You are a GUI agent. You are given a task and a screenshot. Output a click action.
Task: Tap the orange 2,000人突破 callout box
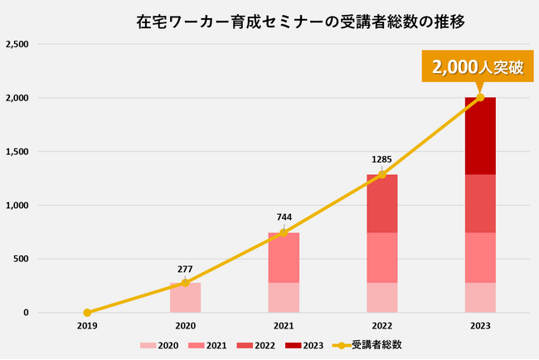pyautogui.click(x=477, y=67)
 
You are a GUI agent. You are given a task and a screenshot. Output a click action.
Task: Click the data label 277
pyautogui.click(x=186, y=269)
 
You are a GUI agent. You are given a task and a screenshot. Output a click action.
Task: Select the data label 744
pyautogui.click(x=284, y=217)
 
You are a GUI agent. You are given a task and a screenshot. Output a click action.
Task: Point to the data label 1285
pyautogui.click(x=381, y=159)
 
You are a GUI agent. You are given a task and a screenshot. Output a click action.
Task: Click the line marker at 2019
pyautogui.click(x=87, y=313)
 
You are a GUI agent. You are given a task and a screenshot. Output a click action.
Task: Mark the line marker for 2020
pyautogui.click(x=185, y=283)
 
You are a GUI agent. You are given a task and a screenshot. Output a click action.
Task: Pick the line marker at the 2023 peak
pyautogui.click(x=480, y=98)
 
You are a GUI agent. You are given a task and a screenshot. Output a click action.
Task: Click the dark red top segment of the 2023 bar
pyautogui.click(x=480, y=137)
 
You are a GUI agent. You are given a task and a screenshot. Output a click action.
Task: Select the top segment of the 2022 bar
pyautogui.click(x=381, y=203)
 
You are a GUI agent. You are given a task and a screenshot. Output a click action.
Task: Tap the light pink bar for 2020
pyautogui.click(x=185, y=299)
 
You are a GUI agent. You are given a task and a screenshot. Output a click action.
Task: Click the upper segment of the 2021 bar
pyautogui.click(x=284, y=257)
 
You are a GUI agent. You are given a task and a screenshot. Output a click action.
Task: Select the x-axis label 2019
pyautogui.click(x=87, y=326)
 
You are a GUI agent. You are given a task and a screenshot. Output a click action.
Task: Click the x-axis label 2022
pyautogui.click(x=381, y=326)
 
